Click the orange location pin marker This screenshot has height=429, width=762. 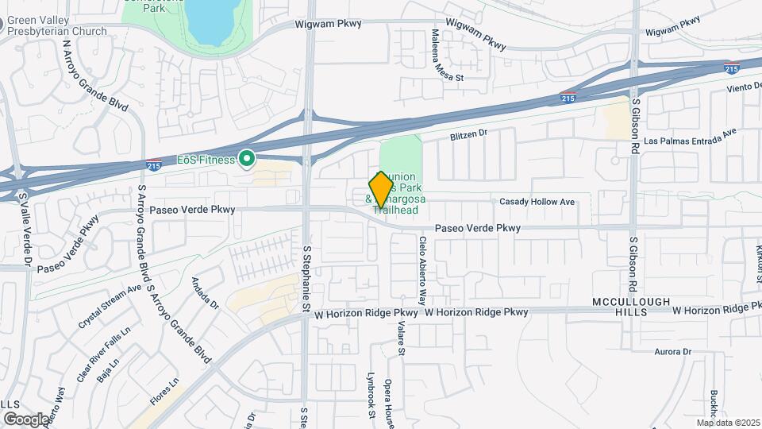[x=381, y=191]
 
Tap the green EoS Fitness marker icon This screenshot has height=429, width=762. [x=247, y=160]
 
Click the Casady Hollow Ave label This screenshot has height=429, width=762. [x=537, y=202]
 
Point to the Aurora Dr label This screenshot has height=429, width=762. [x=673, y=351]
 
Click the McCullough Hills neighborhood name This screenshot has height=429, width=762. [x=631, y=307]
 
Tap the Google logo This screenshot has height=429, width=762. [x=26, y=419]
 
